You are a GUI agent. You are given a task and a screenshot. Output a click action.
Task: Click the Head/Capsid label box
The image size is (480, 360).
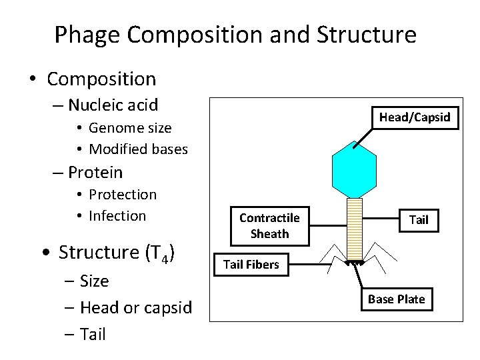(x=415, y=118)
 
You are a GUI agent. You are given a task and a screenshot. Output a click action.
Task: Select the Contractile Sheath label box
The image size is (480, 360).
(x=269, y=226)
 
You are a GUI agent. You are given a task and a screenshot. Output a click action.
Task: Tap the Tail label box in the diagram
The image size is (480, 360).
(x=419, y=219)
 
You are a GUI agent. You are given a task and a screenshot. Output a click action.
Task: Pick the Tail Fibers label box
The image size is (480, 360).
(x=251, y=265)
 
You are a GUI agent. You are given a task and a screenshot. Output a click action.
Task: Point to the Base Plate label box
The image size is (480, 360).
(x=396, y=299)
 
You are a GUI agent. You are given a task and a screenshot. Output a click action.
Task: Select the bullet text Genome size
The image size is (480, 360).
(x=130, y=127)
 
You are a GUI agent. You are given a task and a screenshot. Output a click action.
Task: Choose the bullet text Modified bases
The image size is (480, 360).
(x=138, y=149)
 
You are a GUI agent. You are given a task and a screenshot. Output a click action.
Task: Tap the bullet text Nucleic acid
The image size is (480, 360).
(x=113, y=105)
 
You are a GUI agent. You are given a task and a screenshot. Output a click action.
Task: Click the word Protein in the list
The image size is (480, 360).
(x=95, y=172)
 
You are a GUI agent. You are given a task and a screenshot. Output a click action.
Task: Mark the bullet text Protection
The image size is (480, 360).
(x=123, y=194)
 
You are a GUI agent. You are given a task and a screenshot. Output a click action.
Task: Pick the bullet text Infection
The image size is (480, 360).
(x=117, y=215)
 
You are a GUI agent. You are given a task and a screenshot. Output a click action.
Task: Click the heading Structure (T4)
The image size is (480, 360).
(x=117, y=253)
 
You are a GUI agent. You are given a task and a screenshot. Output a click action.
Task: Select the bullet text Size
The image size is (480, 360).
(x=93, y=281)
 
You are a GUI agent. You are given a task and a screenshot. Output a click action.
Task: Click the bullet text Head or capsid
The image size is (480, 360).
(x=135, y=307)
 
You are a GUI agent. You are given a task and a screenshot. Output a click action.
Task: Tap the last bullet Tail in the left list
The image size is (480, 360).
(x=92, y=334)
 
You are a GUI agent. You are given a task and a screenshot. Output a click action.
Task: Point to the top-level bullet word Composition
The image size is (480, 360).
(x=101, y=79)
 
